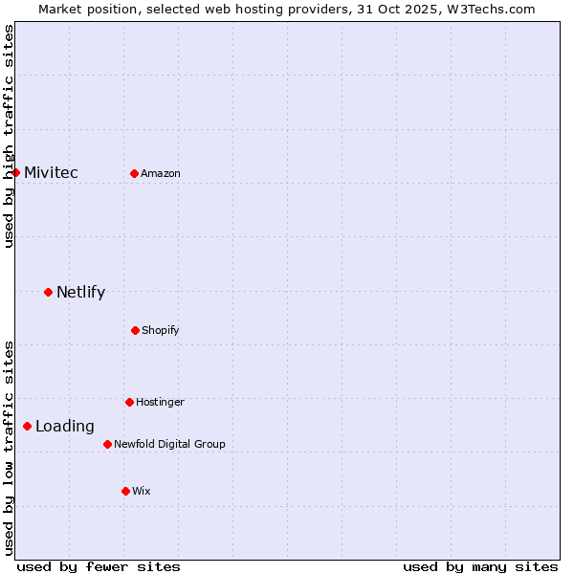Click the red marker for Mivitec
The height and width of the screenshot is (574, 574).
coord(16,172)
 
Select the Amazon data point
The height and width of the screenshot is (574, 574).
coord(134,173)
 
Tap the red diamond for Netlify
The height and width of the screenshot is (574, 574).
coord(48,292)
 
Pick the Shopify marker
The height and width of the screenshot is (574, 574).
coord(135,330)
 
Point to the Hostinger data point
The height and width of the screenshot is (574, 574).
coord(129,402)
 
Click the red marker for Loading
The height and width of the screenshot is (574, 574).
coord(27,426)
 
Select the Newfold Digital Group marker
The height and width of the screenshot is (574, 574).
coord(107,444)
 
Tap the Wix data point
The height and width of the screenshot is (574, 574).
coord(125,491)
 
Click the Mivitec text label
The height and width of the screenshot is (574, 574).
coord(51,173)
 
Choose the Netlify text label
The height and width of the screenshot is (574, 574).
coord(80,293)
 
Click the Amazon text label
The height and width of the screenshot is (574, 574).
coord(161,174)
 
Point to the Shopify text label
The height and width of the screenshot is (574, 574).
coord(161,331)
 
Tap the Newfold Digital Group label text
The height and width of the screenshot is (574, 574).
coord(169,445)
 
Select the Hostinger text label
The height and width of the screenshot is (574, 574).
coord(160,403)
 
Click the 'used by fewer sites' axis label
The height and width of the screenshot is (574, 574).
coord(99,566)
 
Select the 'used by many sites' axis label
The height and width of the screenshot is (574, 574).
coord(480,566)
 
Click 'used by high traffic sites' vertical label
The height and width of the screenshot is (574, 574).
coord(10,136)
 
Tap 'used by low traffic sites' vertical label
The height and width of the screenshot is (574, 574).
coord(10,448)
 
